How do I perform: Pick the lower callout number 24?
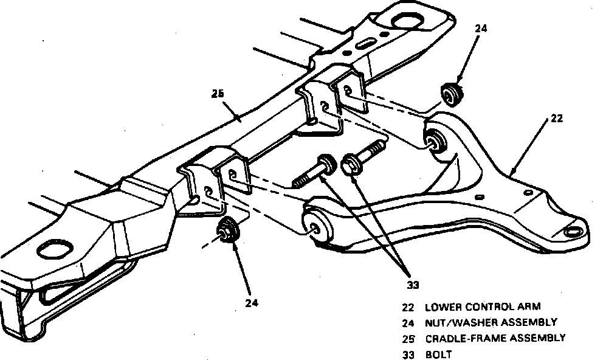tap(252, 302)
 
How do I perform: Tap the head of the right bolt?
tap(351, 164)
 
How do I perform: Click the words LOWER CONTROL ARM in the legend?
tap(483, 307)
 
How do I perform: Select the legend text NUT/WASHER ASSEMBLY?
tap(491, 322)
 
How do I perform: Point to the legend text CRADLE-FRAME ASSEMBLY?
tap(495, 337)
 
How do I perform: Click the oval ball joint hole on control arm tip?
tap(573, 232)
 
